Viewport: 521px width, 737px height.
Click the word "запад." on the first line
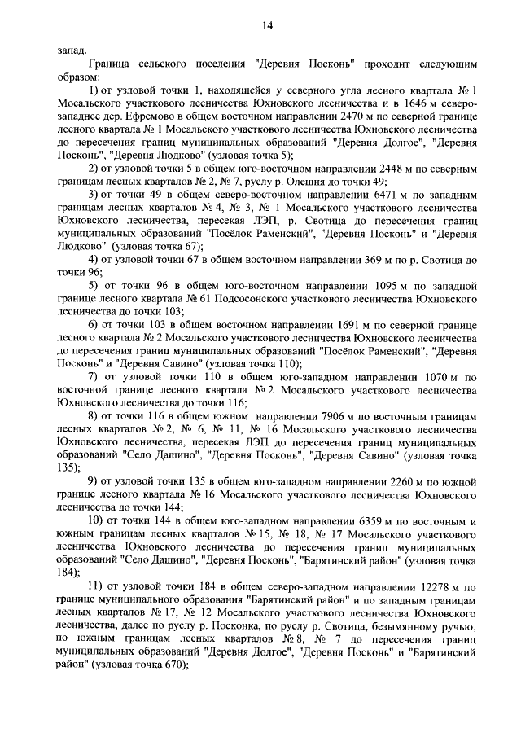pyautogui.click(x=72, y=49)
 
